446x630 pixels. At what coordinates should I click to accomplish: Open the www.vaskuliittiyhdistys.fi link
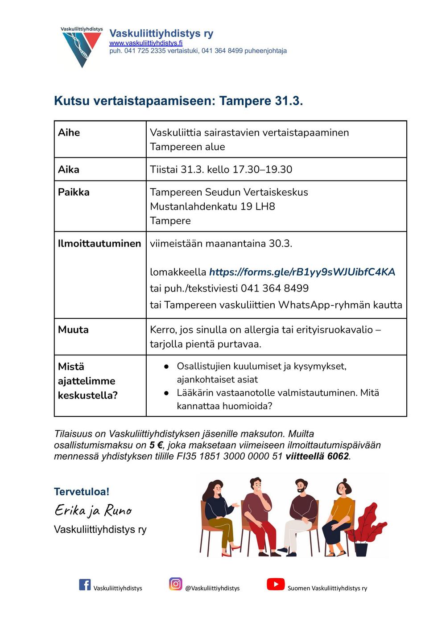coord(146,43)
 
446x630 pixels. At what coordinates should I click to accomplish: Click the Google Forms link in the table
coord(302,272)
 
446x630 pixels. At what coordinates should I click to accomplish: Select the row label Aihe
coord(69,132)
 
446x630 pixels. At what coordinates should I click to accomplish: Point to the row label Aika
coord(69,169)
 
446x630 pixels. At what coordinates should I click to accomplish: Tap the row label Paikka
coord(74,192)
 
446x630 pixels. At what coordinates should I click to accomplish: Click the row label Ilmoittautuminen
coord(99,243)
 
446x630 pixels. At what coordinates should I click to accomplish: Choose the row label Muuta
coord(73,329)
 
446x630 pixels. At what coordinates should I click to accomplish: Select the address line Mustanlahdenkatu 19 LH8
coord(212,206)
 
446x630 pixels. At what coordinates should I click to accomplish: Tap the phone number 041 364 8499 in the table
coord(275,288)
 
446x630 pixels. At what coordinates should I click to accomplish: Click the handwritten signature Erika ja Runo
coord(93,510)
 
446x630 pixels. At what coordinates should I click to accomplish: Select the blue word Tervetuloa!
coord(82,492)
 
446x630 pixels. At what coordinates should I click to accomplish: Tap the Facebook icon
coord(85,585)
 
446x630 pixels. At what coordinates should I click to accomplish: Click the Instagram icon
coord(176,584)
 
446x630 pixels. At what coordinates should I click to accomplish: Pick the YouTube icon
coord(276,584)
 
